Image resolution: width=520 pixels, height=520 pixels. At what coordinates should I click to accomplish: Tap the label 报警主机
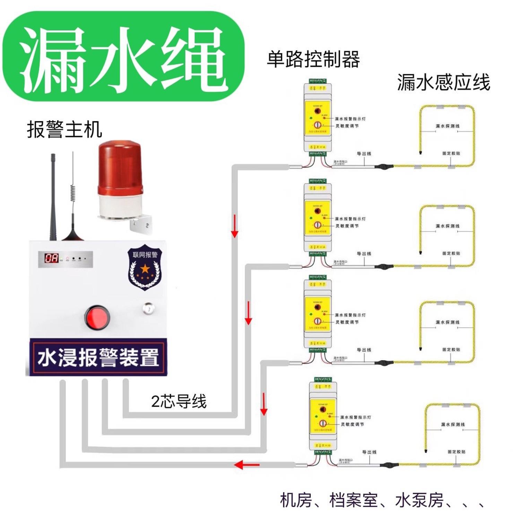tap(64, 130)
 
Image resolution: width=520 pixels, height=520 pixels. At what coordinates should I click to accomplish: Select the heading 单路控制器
tap(313, 59)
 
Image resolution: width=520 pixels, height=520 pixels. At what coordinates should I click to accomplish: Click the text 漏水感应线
tap(443, 83)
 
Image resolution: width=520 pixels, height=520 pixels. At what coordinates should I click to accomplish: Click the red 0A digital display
tap(51, 258)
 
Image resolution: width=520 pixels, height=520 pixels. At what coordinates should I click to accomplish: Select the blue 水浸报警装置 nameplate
tap(98, 357)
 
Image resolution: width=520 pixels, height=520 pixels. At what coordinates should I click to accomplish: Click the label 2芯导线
tap(179, 402)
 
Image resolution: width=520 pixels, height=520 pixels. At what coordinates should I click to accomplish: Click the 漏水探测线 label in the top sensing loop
tap(447, 126)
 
